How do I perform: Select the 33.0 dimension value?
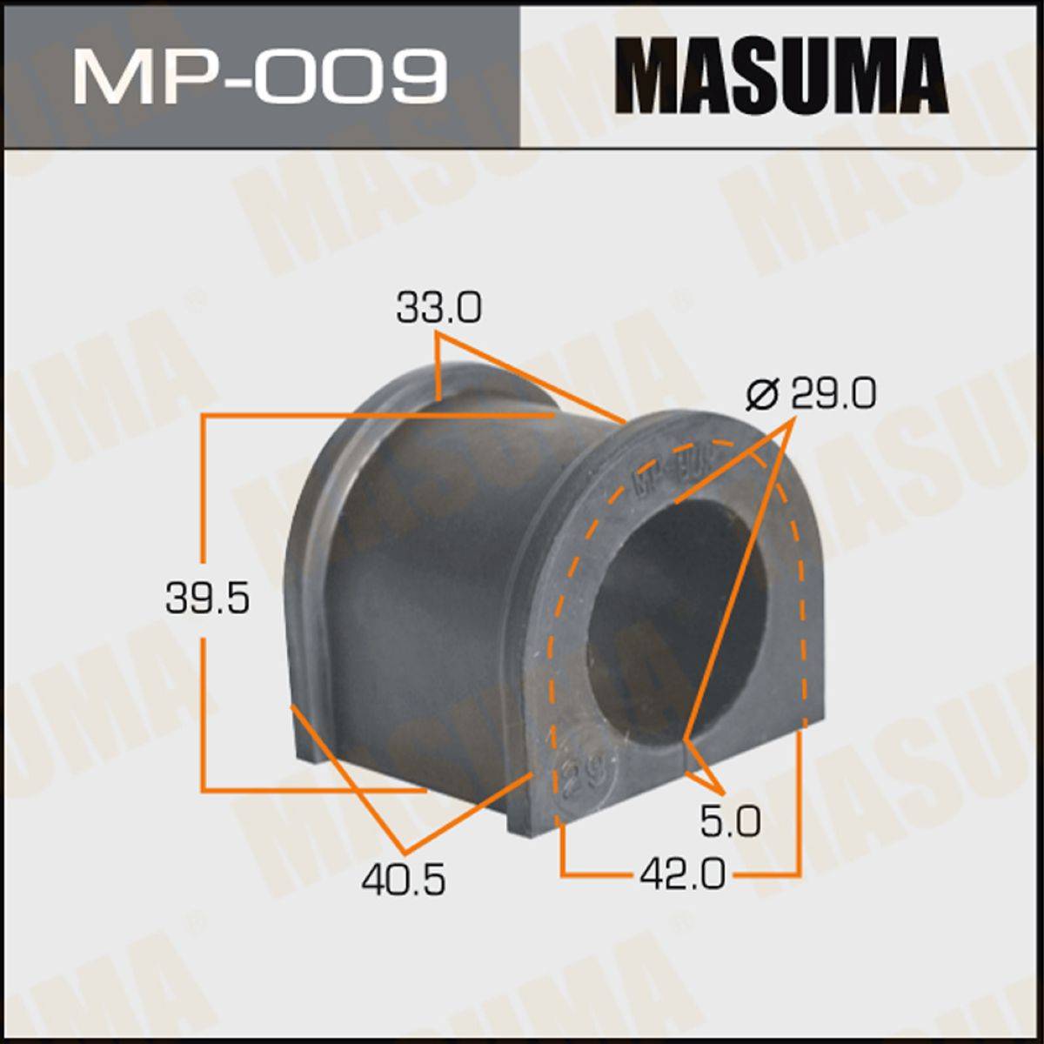438,308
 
